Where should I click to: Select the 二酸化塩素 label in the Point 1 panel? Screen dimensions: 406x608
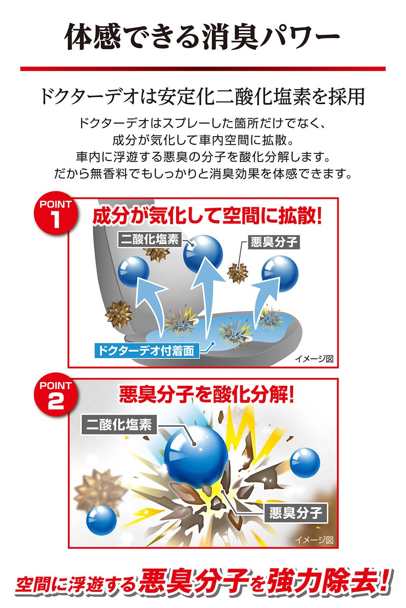[150, 240]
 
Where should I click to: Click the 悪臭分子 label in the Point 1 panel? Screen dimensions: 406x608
[274, 242]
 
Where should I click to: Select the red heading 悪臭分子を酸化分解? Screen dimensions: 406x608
[206, 395]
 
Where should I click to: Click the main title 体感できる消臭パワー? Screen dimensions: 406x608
[203, 36]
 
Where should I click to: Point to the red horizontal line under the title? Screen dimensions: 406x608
[203, 69]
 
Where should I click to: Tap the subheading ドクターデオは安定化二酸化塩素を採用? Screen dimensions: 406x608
[203, 96]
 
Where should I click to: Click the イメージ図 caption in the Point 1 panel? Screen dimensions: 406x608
[314, 359]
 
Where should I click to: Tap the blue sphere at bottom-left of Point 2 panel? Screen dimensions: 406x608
[101, 520]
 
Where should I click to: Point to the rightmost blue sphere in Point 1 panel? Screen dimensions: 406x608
[280, 274]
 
